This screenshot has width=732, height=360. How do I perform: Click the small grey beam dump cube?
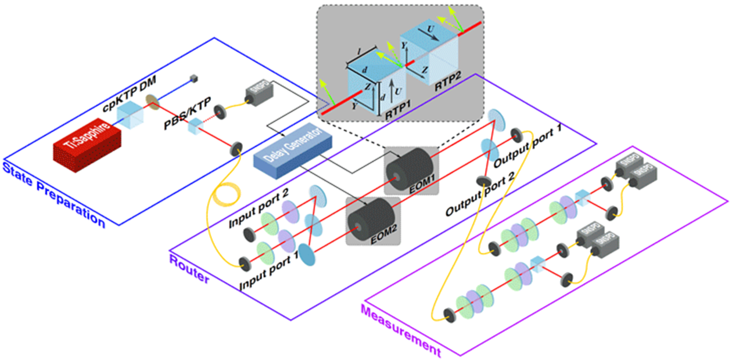click(x=191, y=79)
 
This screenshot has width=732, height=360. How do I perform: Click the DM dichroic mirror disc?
click(x=153, y=101)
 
